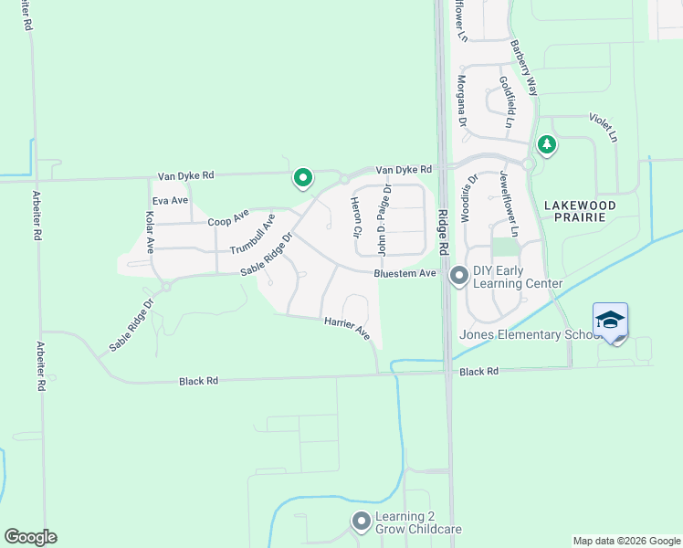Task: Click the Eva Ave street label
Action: point(170,200)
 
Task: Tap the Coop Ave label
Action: point(228,219)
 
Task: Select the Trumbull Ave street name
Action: point(252,235)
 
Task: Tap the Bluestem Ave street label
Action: point(405,273)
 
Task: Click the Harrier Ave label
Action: point(346,330)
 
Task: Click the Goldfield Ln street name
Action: point(508,100)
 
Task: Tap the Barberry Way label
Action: point(524,68)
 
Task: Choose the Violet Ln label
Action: point(604,127)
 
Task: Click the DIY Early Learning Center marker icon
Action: point(458,274)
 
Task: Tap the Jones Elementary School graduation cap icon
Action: point(610,320)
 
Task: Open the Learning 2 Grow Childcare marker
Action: point(362,522)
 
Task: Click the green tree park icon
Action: point(547,144)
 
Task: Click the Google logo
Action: point(30,537)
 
